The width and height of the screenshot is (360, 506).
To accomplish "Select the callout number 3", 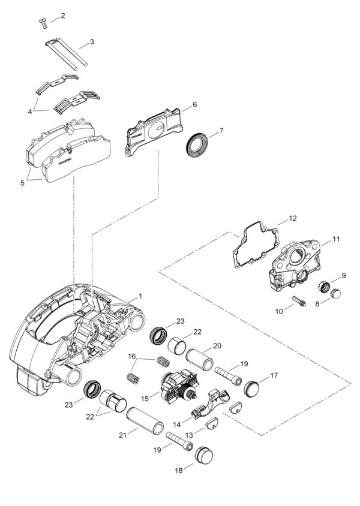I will [x=92, y=42].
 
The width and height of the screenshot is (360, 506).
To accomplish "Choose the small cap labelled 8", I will [x=335, y=293].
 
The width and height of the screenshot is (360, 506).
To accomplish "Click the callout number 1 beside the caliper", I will [x=140, y=296].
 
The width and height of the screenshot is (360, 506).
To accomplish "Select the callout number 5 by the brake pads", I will [x=23, y=183].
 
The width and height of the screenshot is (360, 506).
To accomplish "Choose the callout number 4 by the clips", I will [x=30, y=111].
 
